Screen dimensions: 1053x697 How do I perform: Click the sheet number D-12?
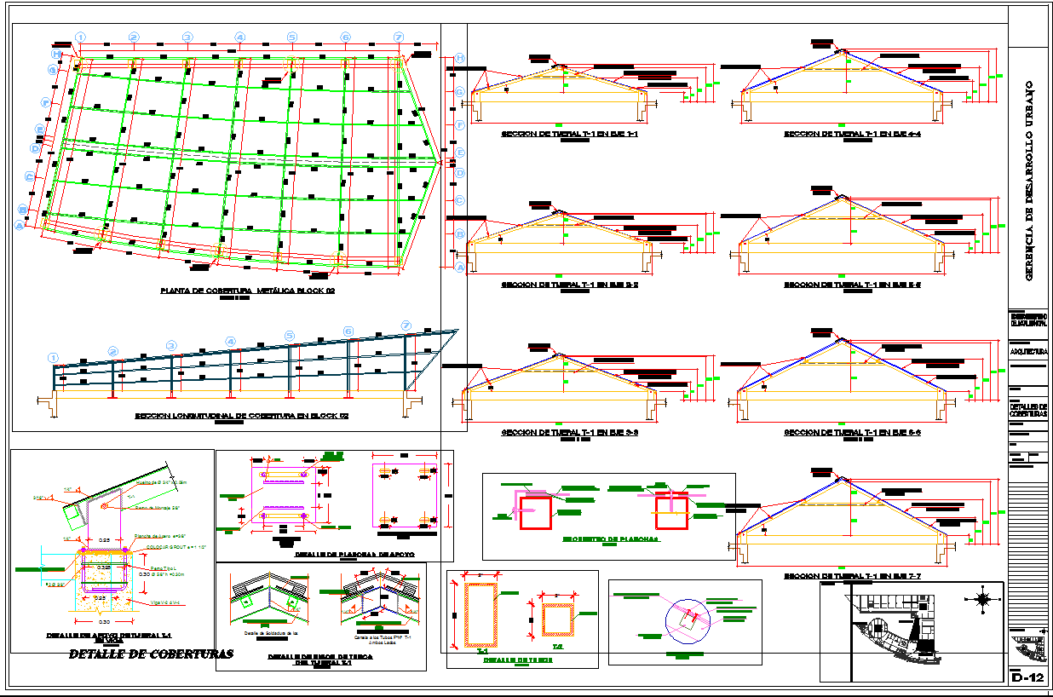(x=1027, y=678)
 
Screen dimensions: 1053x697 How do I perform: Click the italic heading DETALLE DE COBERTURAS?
(x=151, y=654)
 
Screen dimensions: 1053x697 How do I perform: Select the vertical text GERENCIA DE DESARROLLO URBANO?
(x=1028, y=180)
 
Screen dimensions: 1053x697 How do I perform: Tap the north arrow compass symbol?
(x=984, y=600)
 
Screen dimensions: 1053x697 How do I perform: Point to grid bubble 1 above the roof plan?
(x=80, y=37)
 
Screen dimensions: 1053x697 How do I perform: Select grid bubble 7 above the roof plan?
(x=398, y=37)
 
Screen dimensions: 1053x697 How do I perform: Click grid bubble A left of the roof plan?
(x=19, y=225)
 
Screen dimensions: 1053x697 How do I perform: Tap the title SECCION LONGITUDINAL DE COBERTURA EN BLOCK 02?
(x=242, y=417)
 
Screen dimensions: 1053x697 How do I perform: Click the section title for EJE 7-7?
(x=852, y=577)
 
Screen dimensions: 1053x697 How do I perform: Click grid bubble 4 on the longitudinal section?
(x=230, y=342)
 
